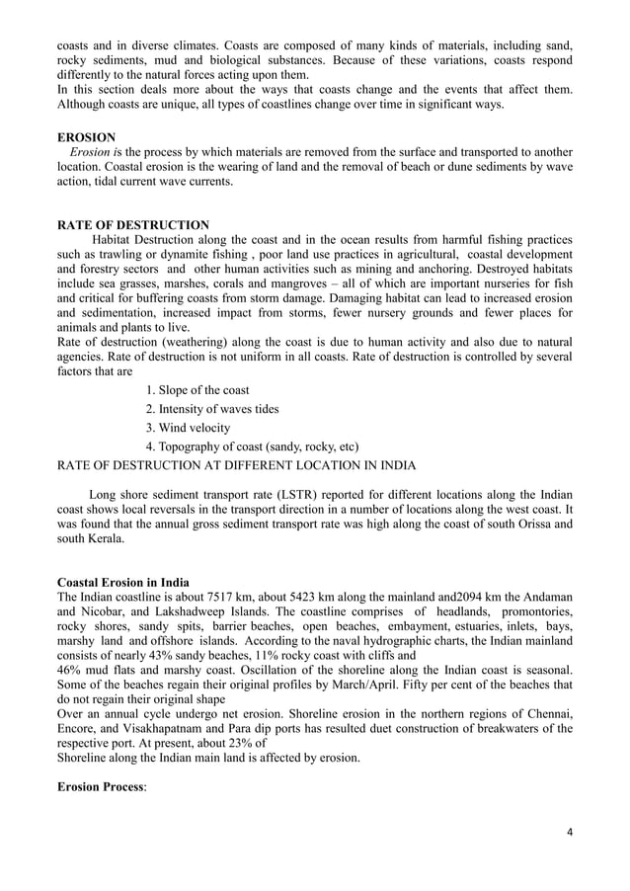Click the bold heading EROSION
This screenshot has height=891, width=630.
(x=86, y=136)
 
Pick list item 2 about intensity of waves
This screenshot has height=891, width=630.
(x=211, y=409)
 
